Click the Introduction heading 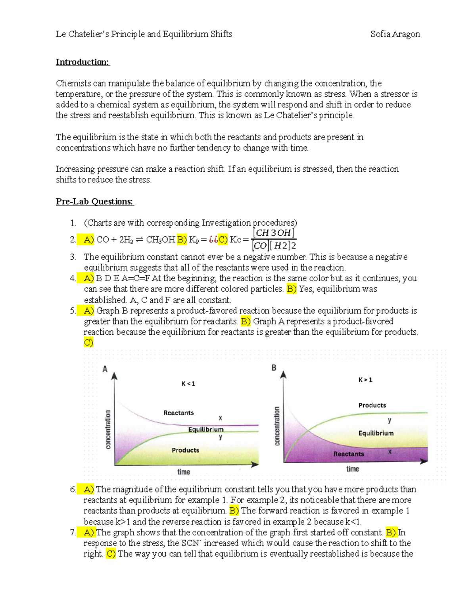(83, 62)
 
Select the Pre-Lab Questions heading (94, 201)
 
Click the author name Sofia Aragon (395, 34)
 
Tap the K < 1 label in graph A (188, 384)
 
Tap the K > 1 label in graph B (365, 380)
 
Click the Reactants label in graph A (178, 413)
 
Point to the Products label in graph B (372, 405)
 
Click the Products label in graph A (185, 450)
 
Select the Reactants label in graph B (348, 454)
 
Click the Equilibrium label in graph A (206, 430)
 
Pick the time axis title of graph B (352, 469)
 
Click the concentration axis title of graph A (107, 430)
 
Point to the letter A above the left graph (105, 369)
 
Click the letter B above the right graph (274, 368)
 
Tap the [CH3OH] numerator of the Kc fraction (274, 233)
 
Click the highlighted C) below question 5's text (88, 343)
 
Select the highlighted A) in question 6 (88, 489)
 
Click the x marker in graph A (221, 418)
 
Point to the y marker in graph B (390, 420)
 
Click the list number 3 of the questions (73, 257)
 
